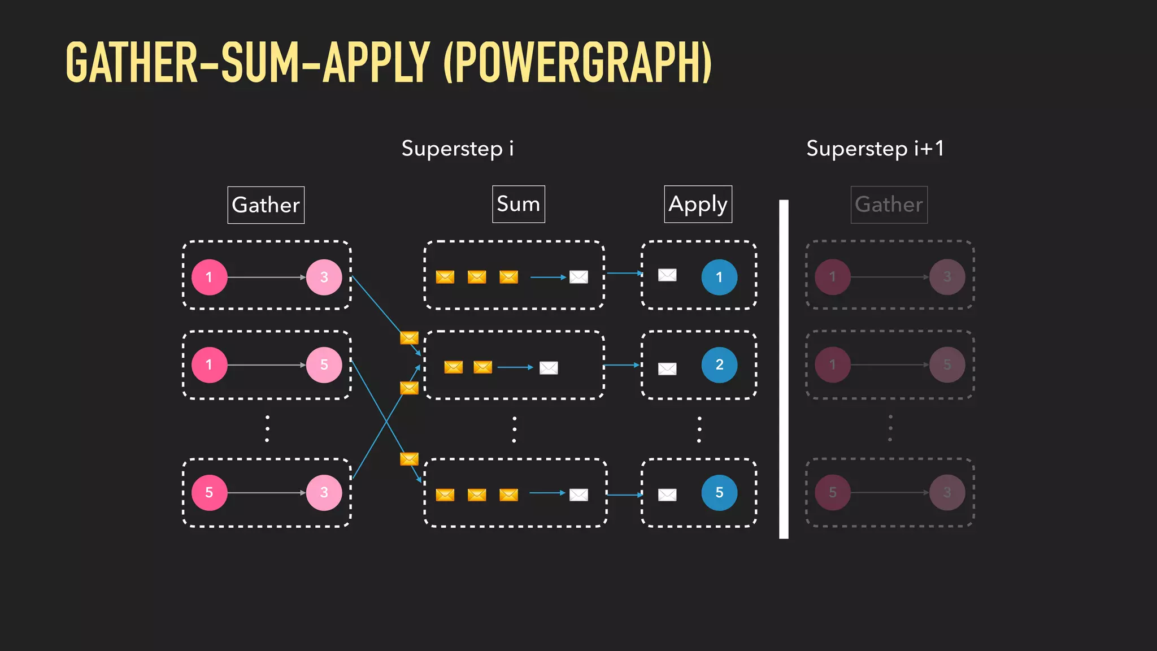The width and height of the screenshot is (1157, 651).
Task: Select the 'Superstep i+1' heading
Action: click(875, 149)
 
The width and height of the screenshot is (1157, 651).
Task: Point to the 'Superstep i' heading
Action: click(458, 149)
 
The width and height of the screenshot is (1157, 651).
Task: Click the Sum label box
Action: click(518, 204)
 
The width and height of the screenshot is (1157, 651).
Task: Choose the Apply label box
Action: click(698, 204)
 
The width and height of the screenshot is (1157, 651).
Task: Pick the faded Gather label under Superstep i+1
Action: click(889, 205)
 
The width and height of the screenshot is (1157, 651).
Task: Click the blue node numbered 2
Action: click(719, 365)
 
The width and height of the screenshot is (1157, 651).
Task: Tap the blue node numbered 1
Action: click(719, 277)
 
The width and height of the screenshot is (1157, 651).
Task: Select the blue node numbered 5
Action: click(719, 493)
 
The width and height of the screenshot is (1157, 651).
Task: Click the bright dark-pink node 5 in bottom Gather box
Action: click(209, 493)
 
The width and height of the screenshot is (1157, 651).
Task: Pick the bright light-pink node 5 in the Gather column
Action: click(324, 365)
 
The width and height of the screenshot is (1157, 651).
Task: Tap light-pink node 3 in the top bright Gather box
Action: click(324, 277)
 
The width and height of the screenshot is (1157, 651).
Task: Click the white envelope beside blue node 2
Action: click(667, 369)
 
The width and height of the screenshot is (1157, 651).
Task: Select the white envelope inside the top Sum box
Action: click(578, 277)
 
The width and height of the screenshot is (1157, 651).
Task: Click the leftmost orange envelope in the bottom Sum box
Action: click(445, 495)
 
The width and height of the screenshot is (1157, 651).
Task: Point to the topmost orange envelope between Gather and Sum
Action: click(409, 338)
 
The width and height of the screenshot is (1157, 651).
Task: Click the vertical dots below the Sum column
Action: click(514, 429)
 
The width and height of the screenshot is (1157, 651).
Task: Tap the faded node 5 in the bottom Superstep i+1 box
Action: click(833, 493)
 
